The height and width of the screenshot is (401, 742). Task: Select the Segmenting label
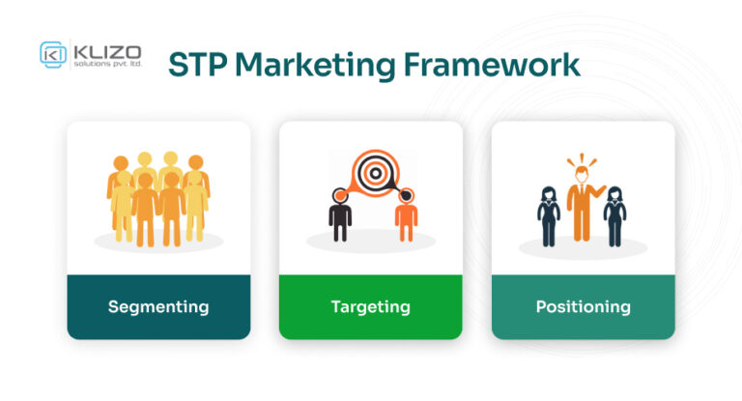click(158, 307)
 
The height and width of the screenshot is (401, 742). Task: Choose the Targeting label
click(370, 307)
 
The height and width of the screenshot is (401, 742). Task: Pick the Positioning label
click(583, 307)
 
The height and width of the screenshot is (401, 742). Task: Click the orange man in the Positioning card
click(582, 202)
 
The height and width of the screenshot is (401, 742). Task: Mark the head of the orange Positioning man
click(582, 171)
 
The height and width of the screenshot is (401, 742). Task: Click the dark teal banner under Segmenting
click(158, 319)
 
